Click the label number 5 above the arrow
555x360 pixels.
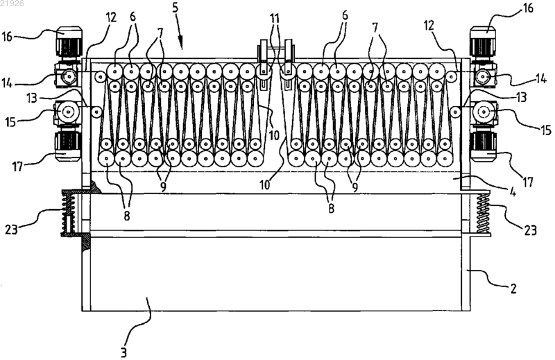[176, 8]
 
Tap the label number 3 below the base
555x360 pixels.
[123, 352]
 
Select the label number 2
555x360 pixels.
[513, 289]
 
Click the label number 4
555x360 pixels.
[512, 191]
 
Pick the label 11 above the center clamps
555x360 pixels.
[275, 18]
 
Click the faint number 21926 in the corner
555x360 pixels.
[12, 3]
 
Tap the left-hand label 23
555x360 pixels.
[11, 230]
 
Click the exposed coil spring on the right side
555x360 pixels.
[482, 214]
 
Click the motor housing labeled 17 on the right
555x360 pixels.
[484, 146]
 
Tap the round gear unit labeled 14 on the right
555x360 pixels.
[482, 77]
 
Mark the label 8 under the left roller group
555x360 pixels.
[127, 216]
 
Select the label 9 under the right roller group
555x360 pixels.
[355, 187]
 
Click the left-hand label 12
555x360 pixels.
[111, 17]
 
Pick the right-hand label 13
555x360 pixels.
[520, 96]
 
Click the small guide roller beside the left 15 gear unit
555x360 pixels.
[96, 112]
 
